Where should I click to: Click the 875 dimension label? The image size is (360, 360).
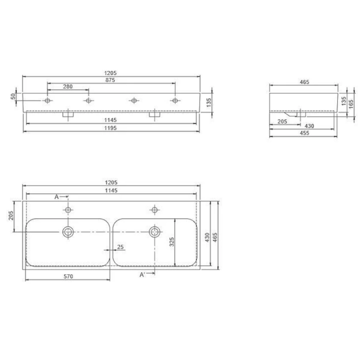[x=110, y=80]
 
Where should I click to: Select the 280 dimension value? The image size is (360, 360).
[x=68, y=86]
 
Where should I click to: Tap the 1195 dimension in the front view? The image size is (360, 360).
[x=110, y=128]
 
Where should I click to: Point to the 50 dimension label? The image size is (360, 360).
[x=13, y=96]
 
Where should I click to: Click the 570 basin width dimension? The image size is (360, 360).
[x=68, y=276]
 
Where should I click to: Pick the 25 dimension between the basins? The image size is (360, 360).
[x=121, y=247]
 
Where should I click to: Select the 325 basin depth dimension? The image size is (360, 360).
[x=172, y=242]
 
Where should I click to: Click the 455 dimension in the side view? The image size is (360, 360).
[x=304, y=133]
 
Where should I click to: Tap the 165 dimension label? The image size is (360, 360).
[x=351, y=104]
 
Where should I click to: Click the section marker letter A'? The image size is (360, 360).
[x=142, y=275]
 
